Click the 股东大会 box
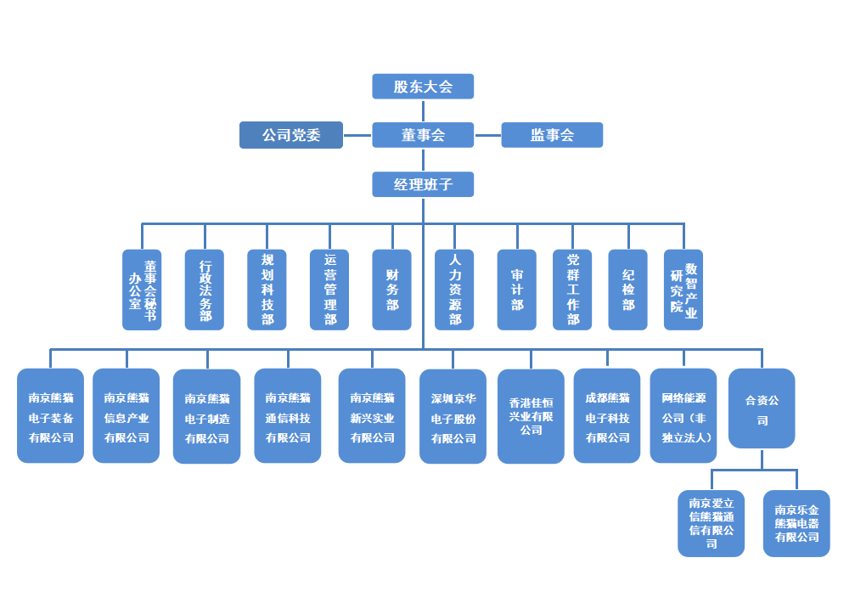point(423,86)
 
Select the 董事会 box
point(423,135)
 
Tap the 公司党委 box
point(291,135)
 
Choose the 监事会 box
point(552,135)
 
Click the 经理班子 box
point(423,184)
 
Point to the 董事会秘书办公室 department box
point(142,290)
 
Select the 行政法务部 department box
point(205,290)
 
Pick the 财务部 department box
point(392,290)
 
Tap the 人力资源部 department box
point(454,290)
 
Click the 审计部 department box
point(517,290)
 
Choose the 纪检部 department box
point(628,290)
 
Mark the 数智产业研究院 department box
point(683,290)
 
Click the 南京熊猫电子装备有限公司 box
point(50,415)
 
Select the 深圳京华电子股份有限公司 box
point(453,416)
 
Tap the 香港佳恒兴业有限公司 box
point(531,416)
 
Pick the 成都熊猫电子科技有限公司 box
point(607,415)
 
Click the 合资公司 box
point(762,409)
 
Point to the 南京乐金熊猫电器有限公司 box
point(796,523)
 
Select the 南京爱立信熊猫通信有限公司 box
point(712,523)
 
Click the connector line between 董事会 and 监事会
point(487,135)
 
